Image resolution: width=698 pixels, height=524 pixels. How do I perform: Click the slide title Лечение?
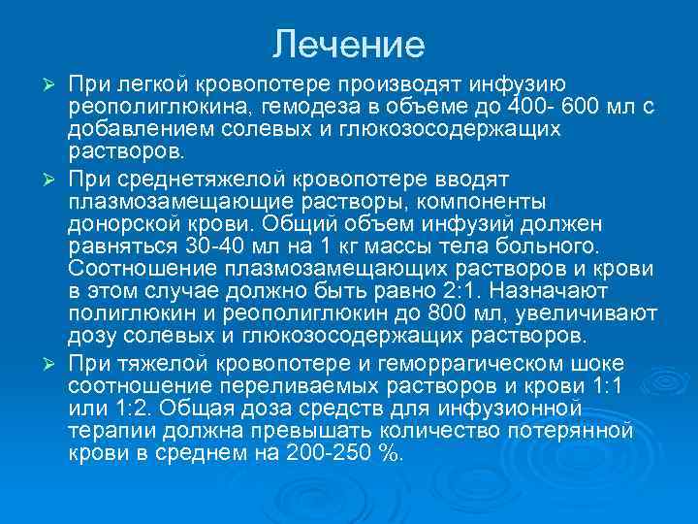[349, 44]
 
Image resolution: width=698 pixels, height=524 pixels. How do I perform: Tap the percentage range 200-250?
[331, 452]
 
